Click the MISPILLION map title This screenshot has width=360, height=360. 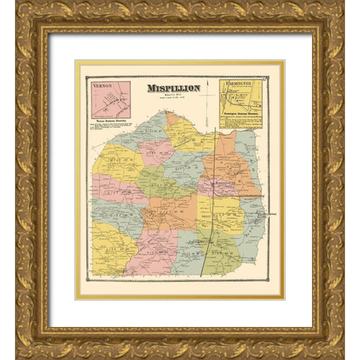point(173,88)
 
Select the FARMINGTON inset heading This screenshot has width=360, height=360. point(241,85)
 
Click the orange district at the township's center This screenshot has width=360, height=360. point(171,212)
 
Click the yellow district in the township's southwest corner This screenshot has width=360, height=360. point(112,251)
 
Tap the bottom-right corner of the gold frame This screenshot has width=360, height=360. point(340,352)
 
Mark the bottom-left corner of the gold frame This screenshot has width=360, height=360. point(19,352)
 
